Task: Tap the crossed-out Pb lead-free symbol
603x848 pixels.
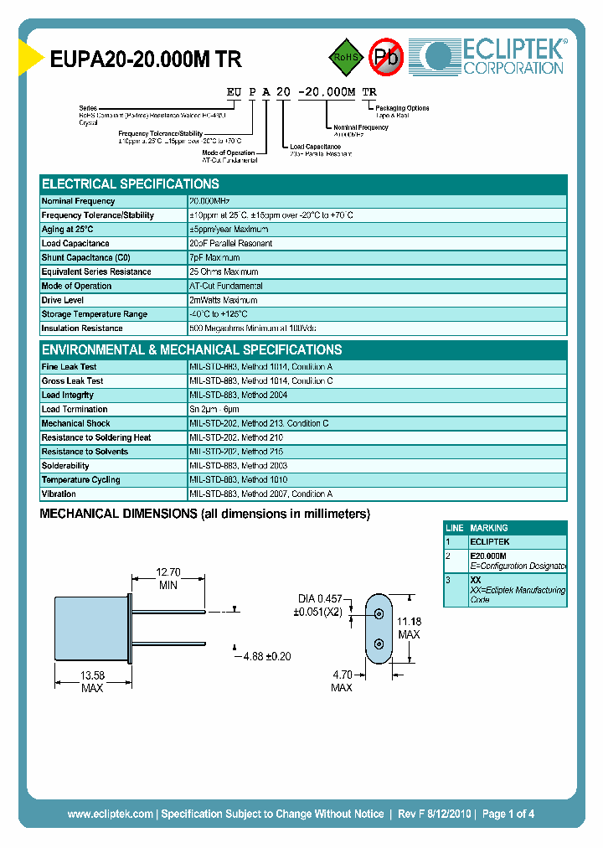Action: tap(386, 57)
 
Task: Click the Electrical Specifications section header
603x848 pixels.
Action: tap(131, 184)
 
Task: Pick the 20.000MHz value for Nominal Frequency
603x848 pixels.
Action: tap(209, 201)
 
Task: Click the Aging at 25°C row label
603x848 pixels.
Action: tap(68, 230)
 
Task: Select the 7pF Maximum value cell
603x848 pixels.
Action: tap(215, 258)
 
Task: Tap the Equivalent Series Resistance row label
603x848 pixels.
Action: tap(96, 272)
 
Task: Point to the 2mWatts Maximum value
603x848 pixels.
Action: tap(224, 300)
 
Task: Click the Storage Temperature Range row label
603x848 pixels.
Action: tap(94, 314)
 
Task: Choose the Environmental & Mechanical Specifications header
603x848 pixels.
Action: tap(192, 349)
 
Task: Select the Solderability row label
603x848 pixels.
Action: tap(65, 466)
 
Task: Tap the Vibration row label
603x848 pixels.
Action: tap(59, 494)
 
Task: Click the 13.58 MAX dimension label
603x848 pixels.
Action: tap(92, 681)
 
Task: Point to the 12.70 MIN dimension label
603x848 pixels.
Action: tap(168, 579)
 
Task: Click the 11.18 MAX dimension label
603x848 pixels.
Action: tap(409, 628)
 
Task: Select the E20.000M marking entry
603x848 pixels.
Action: tap(488, 556)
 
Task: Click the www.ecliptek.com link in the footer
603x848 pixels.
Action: tap(110, 814)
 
